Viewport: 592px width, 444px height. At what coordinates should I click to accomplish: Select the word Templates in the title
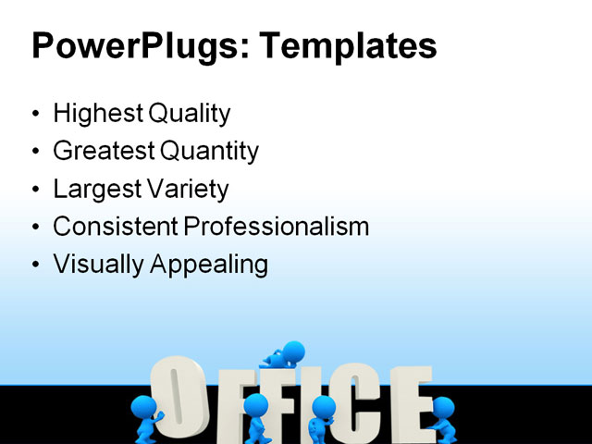pos(351,46)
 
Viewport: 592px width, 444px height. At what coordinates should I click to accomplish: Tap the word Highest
pos(94,114)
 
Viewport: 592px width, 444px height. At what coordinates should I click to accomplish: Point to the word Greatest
pos(104,151)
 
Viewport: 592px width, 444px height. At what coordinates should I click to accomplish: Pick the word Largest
pos(95,189)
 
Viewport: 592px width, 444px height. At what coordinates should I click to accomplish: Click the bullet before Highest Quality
pos(36,115)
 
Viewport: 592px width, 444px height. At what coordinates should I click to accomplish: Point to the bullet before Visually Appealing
pos(36,265)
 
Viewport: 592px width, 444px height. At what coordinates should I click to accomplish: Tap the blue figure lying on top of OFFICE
pos(285,354)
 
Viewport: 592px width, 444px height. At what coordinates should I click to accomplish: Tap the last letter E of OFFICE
pos(408,403)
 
